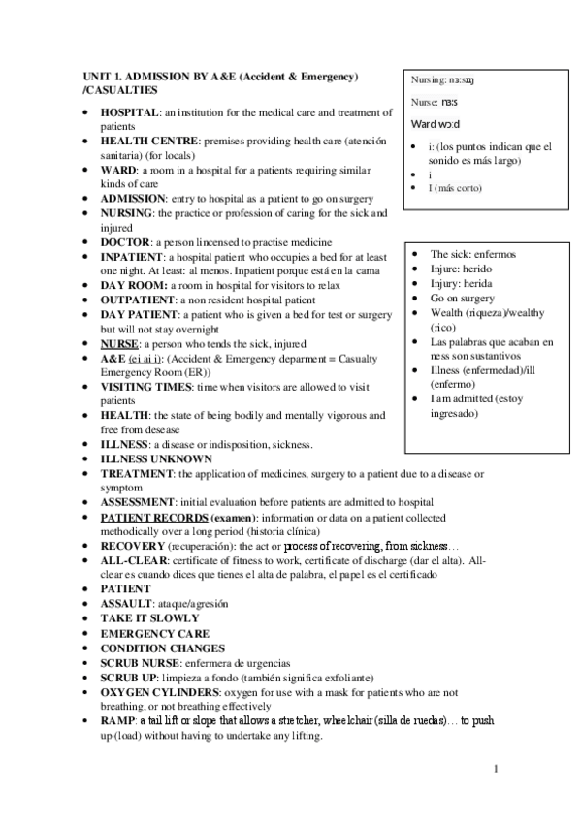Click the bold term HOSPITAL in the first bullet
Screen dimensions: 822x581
pos(129,113)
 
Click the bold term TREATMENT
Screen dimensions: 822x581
pos(137,473)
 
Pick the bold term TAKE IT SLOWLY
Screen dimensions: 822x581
pos(149,617)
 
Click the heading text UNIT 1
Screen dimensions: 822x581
pos(99,76)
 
